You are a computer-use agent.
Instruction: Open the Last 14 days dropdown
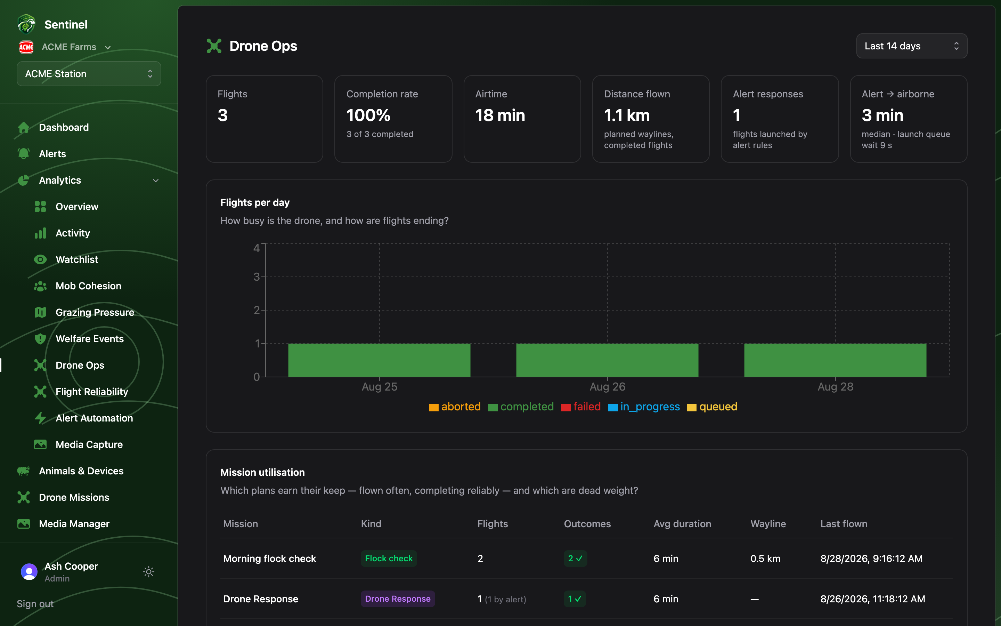(911, 46)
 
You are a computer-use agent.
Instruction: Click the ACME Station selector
(89, 74)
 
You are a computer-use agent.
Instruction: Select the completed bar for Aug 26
(607, 360)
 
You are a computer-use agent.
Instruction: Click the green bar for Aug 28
(835, 360)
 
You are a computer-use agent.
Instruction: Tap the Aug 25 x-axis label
(379, 387)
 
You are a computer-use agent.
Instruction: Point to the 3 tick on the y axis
(257, 276)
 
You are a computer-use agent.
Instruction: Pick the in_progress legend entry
(644, 407)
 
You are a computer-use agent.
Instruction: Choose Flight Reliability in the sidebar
(92, 392)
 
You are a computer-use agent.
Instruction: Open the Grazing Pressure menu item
(95, 312)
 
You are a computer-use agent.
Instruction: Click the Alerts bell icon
(24, 154)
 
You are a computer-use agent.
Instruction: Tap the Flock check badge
(389, 559)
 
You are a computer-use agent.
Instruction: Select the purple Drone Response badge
(398, 599)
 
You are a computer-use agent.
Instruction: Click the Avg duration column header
(682, 524)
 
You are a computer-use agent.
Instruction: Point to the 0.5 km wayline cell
(765, 559)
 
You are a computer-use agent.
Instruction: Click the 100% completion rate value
(368, 115)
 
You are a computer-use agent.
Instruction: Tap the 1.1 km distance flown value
(627, 115)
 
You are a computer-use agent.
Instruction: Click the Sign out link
(35, 604)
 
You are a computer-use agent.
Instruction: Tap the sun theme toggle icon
(148, 572)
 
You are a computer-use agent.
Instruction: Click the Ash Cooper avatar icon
(29, 572)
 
